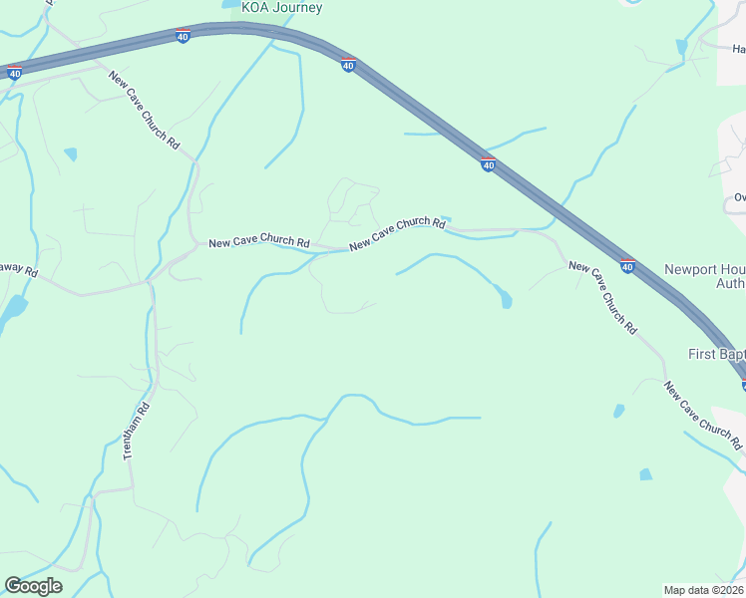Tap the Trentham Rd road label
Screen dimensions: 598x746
tap(135, 431)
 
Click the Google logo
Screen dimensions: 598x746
tap(33, 586)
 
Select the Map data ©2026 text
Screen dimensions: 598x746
tap(704, 590)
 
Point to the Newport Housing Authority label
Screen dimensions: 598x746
tap(704, 277)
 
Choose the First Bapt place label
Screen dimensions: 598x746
tap(716, 354)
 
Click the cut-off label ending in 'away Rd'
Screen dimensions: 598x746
tap(18, 271)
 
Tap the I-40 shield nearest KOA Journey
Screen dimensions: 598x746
tap(183, 37)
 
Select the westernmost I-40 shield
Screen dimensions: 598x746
tap(14, 73)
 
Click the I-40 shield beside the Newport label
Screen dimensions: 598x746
tap(627, 266)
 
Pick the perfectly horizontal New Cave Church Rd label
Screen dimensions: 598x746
tap(258, 243)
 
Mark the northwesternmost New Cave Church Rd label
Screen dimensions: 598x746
tap(144, 111)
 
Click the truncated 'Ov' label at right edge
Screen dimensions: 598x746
tap(740, 196)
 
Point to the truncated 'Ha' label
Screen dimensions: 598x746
tap(738, 48)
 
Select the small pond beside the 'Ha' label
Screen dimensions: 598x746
tap(681, 47)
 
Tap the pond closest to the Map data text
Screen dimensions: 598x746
tap(645, 474)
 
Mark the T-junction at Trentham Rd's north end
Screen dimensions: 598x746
tap(150, 283)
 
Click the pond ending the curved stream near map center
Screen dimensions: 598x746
tap(506, 299)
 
